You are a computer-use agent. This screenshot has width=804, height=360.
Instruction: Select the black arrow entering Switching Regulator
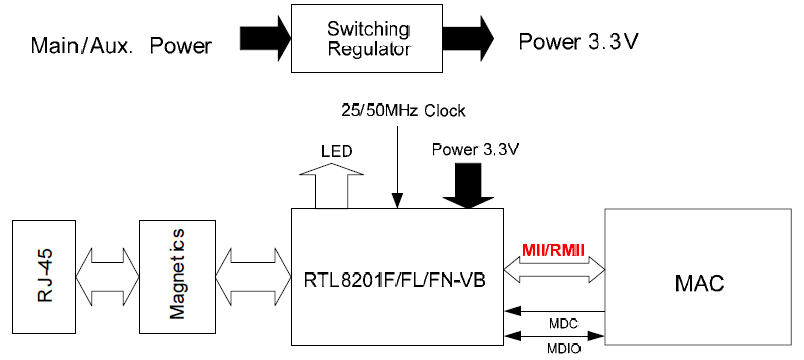pos(264,39)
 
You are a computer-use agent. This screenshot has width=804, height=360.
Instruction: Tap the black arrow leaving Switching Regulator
pos(465,39)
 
